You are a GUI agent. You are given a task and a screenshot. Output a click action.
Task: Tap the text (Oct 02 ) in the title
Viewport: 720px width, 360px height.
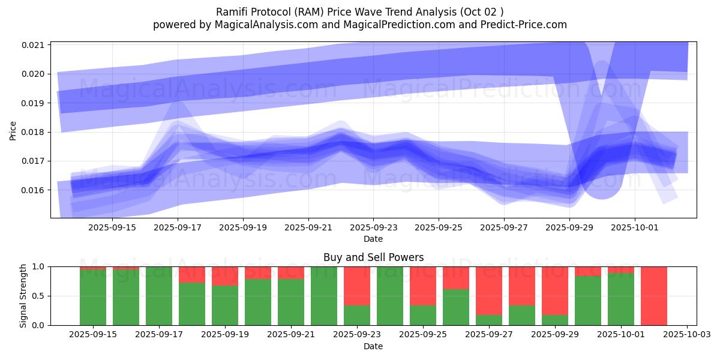click(484, 11)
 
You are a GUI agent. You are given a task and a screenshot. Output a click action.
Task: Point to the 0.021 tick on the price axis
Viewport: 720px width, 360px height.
click(34, 45)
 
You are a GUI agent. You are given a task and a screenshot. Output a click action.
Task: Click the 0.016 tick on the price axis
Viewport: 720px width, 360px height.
click(34, 190)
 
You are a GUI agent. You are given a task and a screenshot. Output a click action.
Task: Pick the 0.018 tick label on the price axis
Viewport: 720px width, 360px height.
click(34, 132)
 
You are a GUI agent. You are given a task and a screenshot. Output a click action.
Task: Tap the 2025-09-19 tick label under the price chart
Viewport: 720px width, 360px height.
click(243, 228)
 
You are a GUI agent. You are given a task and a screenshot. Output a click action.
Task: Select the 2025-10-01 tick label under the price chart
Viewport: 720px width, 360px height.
click(635, 228)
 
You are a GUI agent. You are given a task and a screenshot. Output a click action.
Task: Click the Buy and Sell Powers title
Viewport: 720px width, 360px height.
click(373, 257)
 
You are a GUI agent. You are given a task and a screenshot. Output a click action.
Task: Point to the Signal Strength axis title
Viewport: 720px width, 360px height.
click(23, 296)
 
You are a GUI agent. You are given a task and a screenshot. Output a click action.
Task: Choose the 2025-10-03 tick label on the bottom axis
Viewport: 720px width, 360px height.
click(686, 335)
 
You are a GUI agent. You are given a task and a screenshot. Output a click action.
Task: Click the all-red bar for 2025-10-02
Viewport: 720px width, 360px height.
click(654, 296)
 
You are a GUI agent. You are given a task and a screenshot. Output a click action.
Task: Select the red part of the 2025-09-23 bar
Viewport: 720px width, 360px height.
click(357, 286)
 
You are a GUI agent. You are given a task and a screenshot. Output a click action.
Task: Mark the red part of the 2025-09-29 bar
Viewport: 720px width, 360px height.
click(555, 290)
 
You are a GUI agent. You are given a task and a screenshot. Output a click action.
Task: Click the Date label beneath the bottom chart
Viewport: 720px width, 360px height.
click(373, 346)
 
